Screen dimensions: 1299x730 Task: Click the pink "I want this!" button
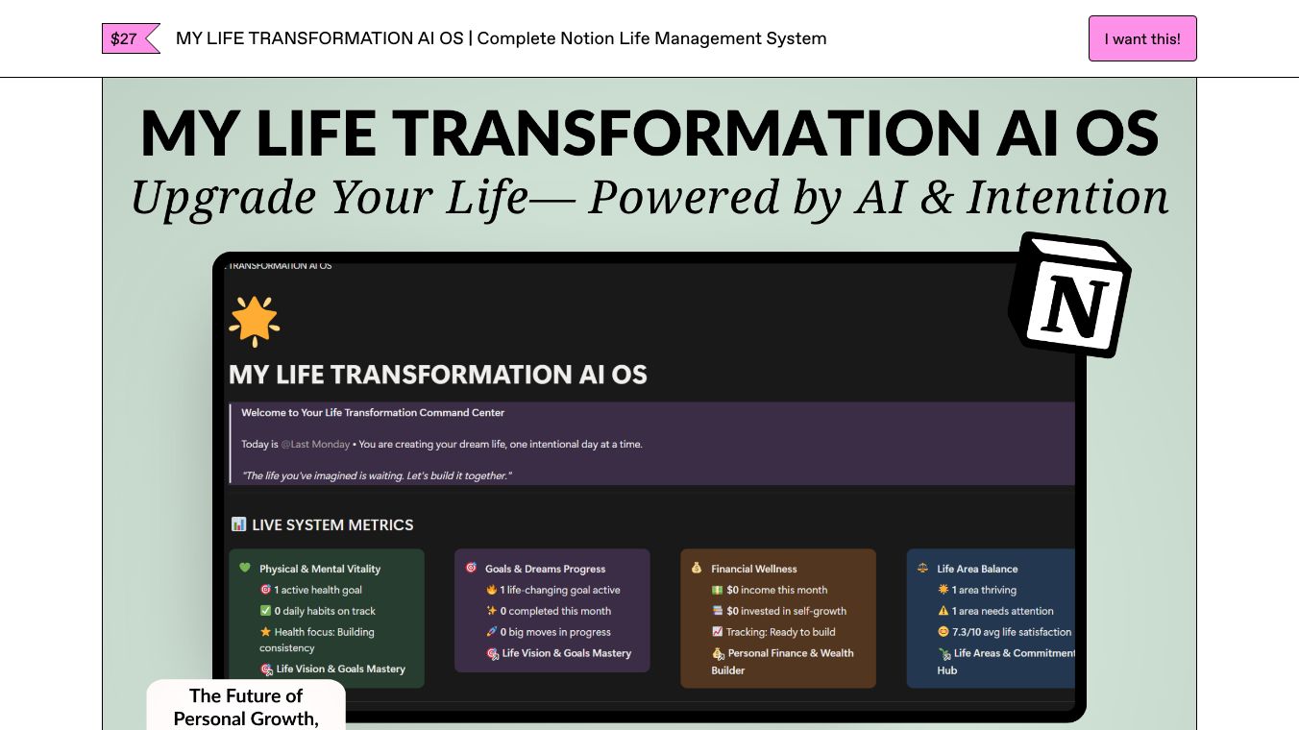(1142, 38)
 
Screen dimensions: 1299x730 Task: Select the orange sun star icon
(254, 321)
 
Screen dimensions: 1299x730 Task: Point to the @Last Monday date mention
(315, 444)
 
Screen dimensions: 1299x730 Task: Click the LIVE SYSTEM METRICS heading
(332, 524)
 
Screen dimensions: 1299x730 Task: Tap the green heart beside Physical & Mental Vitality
(245, 568)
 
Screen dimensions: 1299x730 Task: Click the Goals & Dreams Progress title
(545, 569)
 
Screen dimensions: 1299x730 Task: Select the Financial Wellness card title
(754, 569)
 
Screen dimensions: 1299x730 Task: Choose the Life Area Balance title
(977, 569)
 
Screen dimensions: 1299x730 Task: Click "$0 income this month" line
(776, 590)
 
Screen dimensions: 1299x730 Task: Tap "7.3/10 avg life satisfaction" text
(1012, 632)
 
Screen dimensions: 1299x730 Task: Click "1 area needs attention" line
(1002, 611)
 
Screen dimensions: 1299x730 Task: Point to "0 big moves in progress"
(555, 632)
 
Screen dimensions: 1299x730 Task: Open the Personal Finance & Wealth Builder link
(782, 661)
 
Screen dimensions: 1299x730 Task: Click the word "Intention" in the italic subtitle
(1067, 197)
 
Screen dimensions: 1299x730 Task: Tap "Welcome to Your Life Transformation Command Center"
(373, 413)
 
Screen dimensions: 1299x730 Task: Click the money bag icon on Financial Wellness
(697, 568)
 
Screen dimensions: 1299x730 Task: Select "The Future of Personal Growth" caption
(246, 707)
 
